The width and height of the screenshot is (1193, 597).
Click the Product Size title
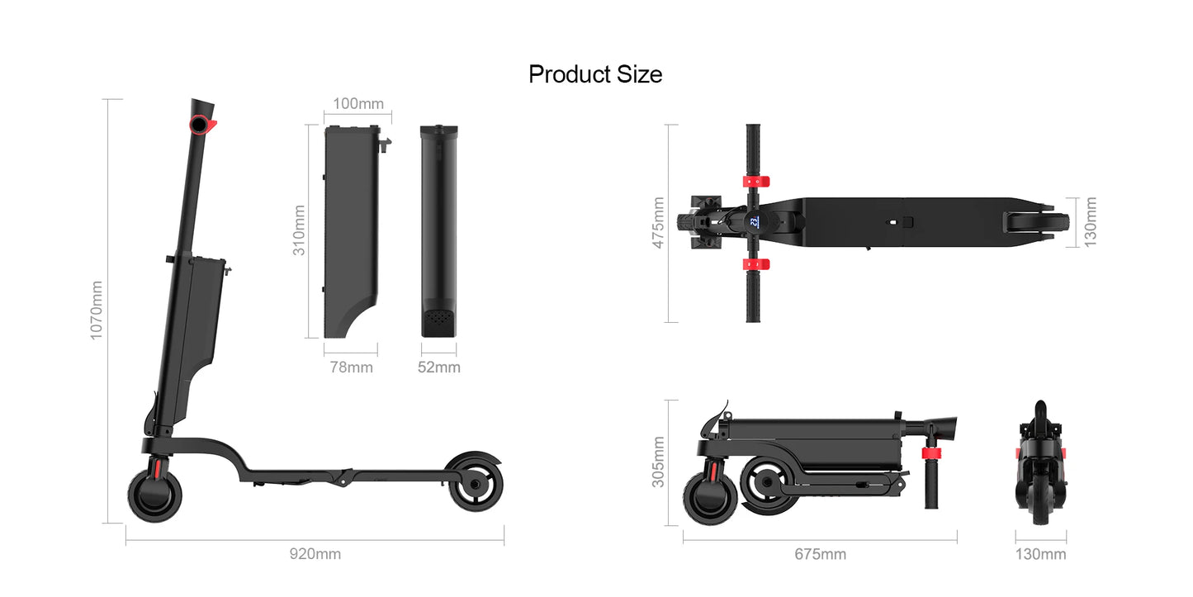[x=595, y=74]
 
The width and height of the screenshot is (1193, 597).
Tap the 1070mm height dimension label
[x=97, y=310]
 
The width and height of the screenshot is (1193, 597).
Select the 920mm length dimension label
[x=315, y=554]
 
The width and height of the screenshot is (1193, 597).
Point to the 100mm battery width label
[x=358, y=104]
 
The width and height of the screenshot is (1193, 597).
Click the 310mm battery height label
[x=299, y=230]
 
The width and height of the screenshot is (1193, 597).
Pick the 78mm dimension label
[x=351, y=367]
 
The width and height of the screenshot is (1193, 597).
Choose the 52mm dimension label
[x=438, y=367]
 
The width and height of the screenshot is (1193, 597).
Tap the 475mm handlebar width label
[x=658, y=223]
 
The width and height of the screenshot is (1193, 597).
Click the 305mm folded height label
[x=658, y=462]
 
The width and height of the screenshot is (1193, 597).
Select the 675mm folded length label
[x=820, y=554]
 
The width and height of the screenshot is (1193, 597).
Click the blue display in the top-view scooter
[x=754, y=221]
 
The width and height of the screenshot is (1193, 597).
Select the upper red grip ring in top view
[x=753, y=181]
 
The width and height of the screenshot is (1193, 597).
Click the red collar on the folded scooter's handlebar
[x=931, y=453]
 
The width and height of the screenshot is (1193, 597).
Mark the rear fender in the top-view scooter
[x=1036, y=221]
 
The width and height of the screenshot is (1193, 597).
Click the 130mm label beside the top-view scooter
[x=1091, y=221]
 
